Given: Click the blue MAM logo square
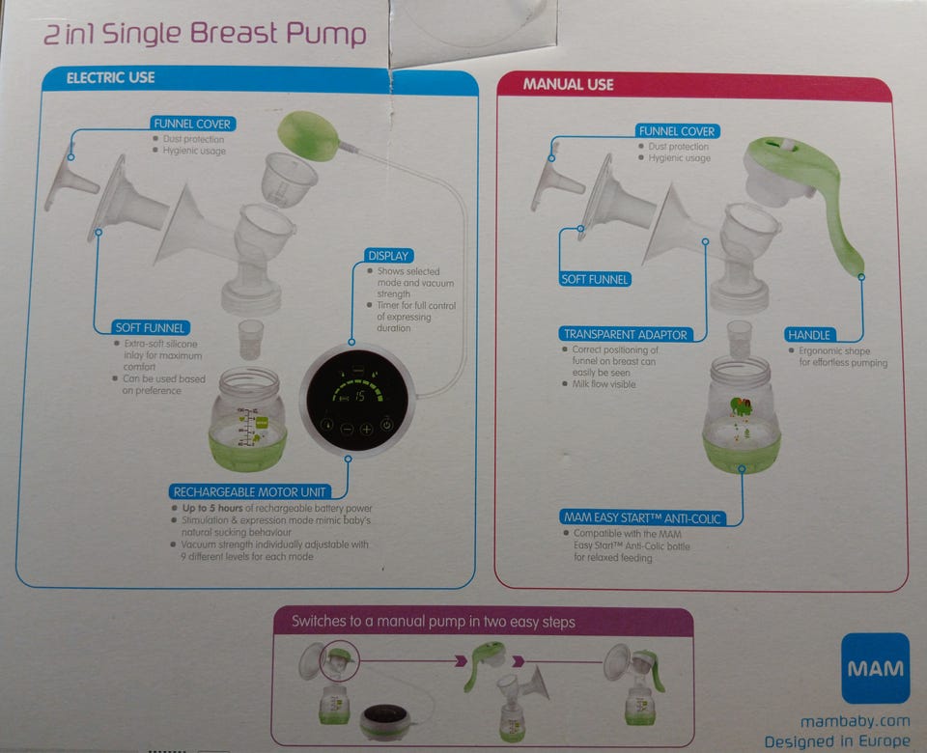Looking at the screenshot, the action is coord(875,668).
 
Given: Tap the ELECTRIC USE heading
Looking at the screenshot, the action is coord(110,78).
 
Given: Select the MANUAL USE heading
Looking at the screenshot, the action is coord(568,85).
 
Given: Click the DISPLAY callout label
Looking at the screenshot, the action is coord(388,256).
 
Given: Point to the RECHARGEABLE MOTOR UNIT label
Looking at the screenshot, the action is coord(249,491).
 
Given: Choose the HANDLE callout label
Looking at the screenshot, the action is coord(809,335).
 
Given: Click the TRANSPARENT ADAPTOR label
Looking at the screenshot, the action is coord(625,335).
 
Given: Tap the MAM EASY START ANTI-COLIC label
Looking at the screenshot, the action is coord(642,518).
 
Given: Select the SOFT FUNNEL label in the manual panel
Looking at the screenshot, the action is coord(595,280).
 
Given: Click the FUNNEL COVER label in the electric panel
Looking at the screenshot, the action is coord(192,124).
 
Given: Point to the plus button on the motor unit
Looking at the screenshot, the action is coord(367,429).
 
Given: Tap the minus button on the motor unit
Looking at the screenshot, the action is coord(347,429).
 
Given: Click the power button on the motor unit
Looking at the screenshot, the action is coord(386,425).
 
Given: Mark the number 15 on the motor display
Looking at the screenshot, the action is coord(359,397).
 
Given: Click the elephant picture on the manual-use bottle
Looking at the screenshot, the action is coord(741,406).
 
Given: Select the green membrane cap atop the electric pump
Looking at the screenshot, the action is coord(308,135).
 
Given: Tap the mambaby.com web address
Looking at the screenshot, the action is coord(855,722).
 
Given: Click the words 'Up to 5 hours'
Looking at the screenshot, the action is coord(212,508).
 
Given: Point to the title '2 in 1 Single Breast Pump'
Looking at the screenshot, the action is coord(205,34).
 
